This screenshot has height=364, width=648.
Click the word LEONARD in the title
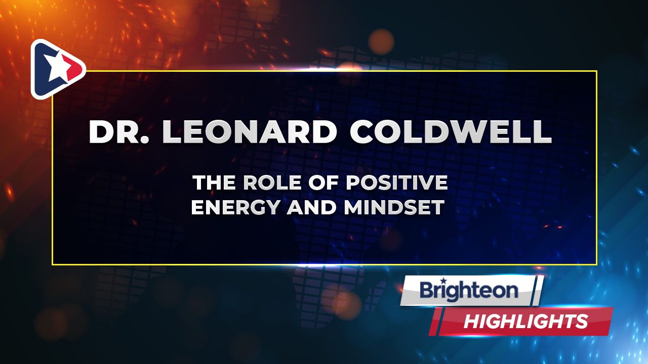click(x=250, y=131)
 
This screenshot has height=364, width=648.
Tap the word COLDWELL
click(x=451, y=131)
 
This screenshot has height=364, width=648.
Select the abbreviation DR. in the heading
click(x=118, y=131)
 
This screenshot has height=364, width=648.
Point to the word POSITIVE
click(x=397, y=183)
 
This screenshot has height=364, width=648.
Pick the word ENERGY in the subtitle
click(x=236, y=207)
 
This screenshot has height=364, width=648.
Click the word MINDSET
click(x=394, y=207)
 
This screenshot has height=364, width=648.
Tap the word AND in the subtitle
click(x=311, y=207)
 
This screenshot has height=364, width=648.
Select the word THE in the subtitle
click(x=214, y=183)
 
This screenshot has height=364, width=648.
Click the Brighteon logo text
click(x=469, y=290)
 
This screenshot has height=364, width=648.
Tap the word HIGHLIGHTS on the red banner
click(x=525, y=321)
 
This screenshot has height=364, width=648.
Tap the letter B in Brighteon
click(x=428, y=291)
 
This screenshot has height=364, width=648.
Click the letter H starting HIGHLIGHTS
click(x=473, y=321)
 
